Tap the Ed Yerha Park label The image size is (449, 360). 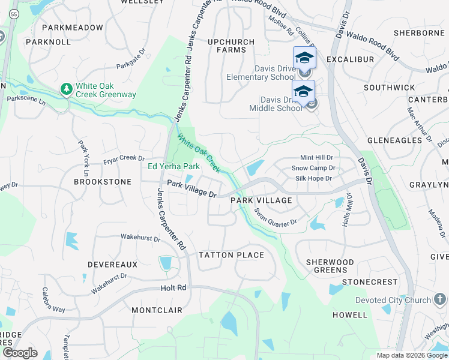[x=173, y=166]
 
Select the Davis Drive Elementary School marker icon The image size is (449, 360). [x=304, y=58]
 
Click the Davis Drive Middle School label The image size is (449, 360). [x=276, y=104]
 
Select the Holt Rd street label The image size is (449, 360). [x=173, y=288]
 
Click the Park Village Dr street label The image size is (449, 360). [x=191, y=188]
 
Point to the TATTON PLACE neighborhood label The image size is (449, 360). [x=231, y=255]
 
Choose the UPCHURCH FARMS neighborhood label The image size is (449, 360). [x=231, y=46]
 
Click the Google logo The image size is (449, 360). [x=20, y=353]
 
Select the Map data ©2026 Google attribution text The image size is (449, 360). [x=411, y=355]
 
